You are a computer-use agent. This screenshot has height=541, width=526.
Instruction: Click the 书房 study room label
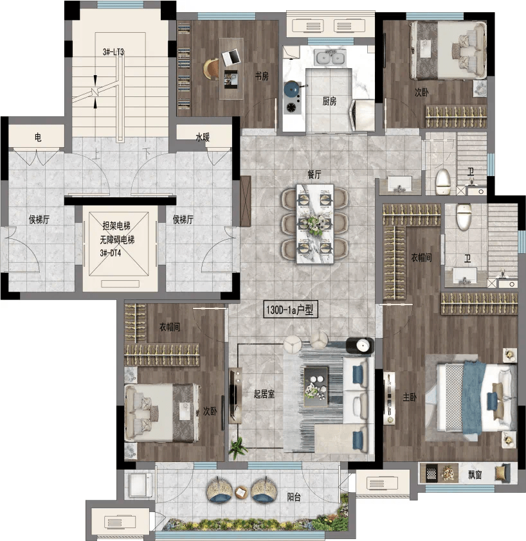coord(262,76)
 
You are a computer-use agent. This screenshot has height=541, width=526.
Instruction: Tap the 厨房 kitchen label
coord(329,101)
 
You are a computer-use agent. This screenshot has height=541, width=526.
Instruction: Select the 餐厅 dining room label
coord(314,174)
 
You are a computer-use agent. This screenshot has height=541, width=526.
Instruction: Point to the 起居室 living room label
coord(264,394)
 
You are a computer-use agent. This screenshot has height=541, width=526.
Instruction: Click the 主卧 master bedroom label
coord(410,397)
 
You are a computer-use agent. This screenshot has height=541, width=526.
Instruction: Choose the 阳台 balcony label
coord(294,497)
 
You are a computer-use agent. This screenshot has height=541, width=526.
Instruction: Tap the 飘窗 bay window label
coord(475,475)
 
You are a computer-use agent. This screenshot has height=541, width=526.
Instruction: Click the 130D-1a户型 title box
coord(290,310)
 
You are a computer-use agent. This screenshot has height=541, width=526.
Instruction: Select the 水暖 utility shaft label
coord(203,137)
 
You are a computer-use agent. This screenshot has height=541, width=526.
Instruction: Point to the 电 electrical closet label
coord(38,137)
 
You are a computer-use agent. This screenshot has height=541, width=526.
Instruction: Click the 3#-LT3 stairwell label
coord(113,52)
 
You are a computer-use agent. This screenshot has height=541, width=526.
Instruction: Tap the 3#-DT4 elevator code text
coord(111,253)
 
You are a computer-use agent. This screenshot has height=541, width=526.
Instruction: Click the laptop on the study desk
coord(230,57)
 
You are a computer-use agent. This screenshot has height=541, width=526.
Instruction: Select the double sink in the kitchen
coord(330,57)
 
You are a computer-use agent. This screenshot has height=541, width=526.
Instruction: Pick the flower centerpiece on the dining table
coord(314,224)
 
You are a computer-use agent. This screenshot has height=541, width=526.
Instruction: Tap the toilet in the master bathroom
coord(463,217)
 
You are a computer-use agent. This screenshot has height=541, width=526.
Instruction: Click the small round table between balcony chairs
coord(241,492)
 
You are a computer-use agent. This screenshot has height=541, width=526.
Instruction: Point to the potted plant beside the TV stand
coord(238,447)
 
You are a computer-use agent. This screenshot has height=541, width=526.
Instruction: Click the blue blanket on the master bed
coord(473,398)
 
